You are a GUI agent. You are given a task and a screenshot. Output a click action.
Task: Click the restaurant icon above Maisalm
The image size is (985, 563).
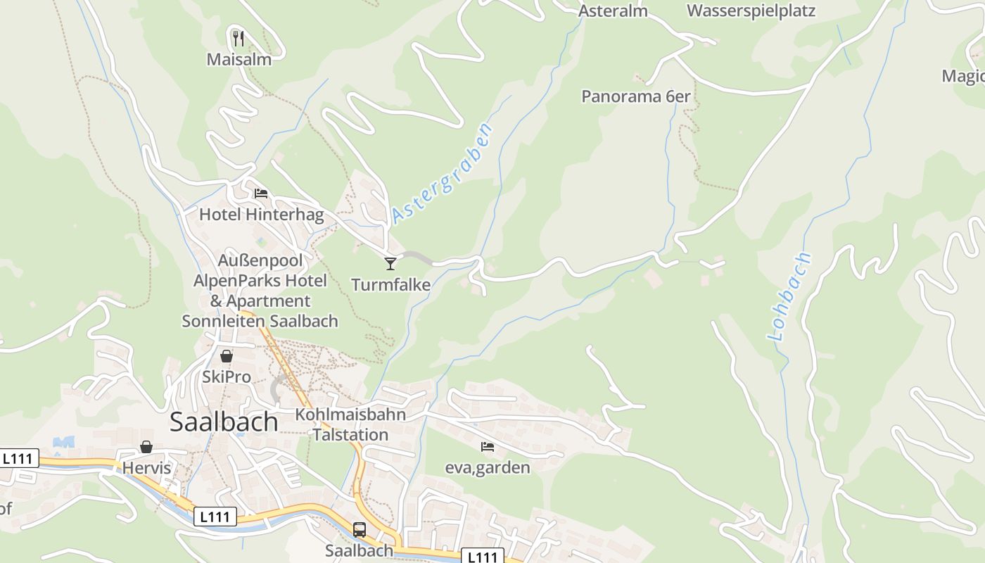coord(239,38)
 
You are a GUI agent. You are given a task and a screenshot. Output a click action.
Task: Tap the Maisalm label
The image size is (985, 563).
coord(239,59)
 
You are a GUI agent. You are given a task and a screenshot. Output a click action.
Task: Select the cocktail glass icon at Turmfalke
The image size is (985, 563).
coord(390,264)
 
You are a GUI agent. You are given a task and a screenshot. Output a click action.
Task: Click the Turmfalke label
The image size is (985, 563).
coord(390,284)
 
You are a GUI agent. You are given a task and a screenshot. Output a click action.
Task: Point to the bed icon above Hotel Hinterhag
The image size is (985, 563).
coord(261,193)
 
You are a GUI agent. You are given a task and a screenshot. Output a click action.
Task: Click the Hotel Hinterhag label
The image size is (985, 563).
coord(261,214)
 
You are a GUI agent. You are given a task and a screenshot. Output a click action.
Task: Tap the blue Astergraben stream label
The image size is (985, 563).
coord(442,172)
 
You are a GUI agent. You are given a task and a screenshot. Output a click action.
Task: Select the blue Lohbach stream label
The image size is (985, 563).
coord(789,296)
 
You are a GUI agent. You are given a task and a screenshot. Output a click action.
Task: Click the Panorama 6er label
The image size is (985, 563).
coord(635,96)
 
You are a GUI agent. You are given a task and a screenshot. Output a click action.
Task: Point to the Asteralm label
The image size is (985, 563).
coord(612,11)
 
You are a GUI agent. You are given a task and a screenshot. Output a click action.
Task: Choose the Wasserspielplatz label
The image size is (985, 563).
coord(751,11)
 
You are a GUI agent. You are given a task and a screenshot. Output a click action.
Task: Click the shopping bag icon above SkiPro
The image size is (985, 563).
coord(227,356)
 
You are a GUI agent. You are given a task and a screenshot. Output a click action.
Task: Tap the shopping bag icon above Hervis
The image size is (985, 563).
coord(146,447)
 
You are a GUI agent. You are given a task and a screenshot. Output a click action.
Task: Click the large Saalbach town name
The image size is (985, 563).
coord(224,422)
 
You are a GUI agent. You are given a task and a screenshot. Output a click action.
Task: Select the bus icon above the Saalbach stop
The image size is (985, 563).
coord(359,530)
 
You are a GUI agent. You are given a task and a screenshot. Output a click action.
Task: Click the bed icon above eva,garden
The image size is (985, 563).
coord(487,446)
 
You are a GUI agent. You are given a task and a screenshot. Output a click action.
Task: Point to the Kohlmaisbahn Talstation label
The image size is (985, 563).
coord(350,424)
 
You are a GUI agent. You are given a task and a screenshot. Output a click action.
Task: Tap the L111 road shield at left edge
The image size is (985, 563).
coord(17,459)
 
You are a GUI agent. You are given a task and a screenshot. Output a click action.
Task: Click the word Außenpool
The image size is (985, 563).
coord(250,260)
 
